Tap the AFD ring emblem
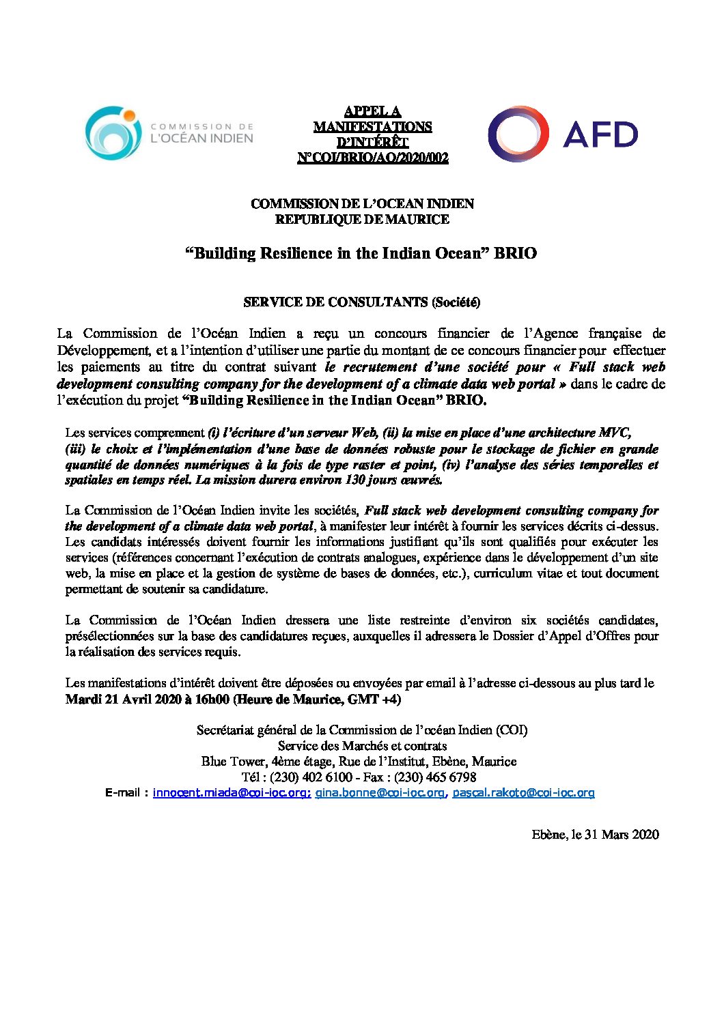[518, 134]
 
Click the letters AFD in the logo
[600, 134]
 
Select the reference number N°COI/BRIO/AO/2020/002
[373, 158]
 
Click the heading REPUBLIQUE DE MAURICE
[362, 220]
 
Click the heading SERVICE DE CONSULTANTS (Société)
[362, 302]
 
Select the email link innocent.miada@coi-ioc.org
[232, 793]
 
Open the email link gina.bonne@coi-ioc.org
[380, 793]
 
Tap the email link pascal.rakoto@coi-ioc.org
[523, 793]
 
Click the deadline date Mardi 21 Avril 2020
[124, 700]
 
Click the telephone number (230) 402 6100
[311, 777]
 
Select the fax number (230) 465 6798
[434, 777]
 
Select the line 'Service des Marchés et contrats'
[362, 746]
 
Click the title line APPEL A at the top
[372, 111]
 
